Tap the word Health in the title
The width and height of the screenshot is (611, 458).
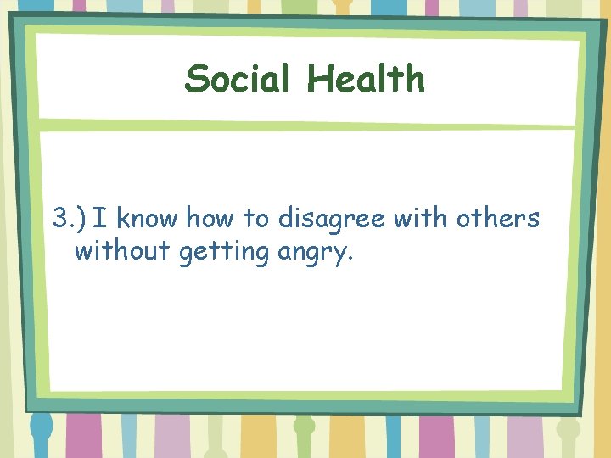pyautogui.click(x=366, y=79)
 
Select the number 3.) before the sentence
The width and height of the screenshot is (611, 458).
pyautogui.click(x=70, y=219)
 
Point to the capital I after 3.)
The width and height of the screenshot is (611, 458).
pyautogui.click(x=100, y=219)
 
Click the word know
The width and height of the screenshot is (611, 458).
pyautogui.click(x=147, y=219)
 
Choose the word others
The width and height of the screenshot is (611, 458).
pyautogui.click(x=497, y=219)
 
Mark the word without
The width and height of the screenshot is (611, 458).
pyautogui.click(x=123, y=252)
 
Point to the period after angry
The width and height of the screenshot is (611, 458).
pyautogui.click(x=348, y=260)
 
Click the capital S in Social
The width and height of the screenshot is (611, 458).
pyautogui.click(x=196, y=79)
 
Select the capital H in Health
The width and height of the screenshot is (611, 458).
pyautogui.click(x=319, y=79)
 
